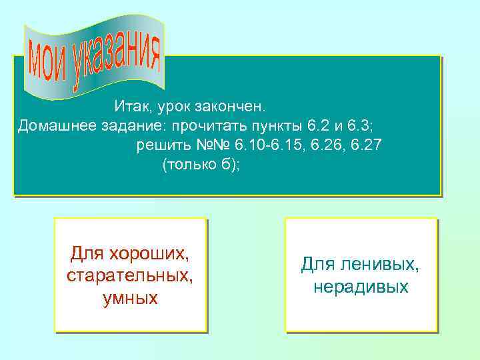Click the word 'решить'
pyautogui.click(x=159, y=145)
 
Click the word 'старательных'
pyautogui.click(x=131, y=275)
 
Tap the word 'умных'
pyautogui.click(x=131, y=297)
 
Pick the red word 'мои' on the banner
pyautogui.click(x=47, y=66)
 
